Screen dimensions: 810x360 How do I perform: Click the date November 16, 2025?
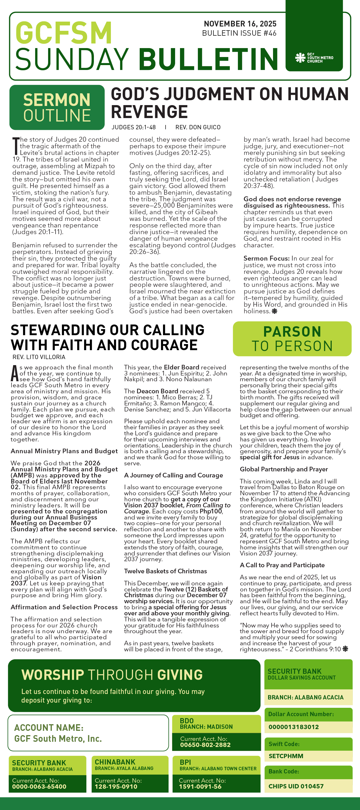click(x=240, y=24)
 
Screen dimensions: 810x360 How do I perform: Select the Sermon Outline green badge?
click(x=57, y=107)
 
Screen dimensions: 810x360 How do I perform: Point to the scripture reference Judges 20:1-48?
click(x=134, y=127)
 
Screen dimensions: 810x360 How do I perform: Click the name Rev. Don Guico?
click(x=198, y=127)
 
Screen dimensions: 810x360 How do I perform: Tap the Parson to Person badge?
click(x=292, y=339)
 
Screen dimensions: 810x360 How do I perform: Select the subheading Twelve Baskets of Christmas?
click(x=165, y=571)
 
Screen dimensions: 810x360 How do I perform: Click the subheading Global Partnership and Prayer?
click(x=284, y=469)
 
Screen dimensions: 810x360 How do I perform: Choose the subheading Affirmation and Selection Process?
click(x=64, y=607)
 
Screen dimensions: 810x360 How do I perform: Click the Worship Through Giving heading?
click(x=112, y=675)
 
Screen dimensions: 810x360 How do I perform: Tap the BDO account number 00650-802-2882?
click(x=205, y=745)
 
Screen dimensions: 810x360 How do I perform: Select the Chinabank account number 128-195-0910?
click(x=116, y=787)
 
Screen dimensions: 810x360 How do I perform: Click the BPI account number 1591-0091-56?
click(x=200, y=787)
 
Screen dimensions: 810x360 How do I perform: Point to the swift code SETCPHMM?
click(x=286, y=756)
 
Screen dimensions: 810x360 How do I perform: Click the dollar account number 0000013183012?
click(x=293, y=727)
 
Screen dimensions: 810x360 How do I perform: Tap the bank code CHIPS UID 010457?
click(x=296, y=786)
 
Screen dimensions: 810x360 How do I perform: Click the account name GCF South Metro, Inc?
click(x=58, y=739)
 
